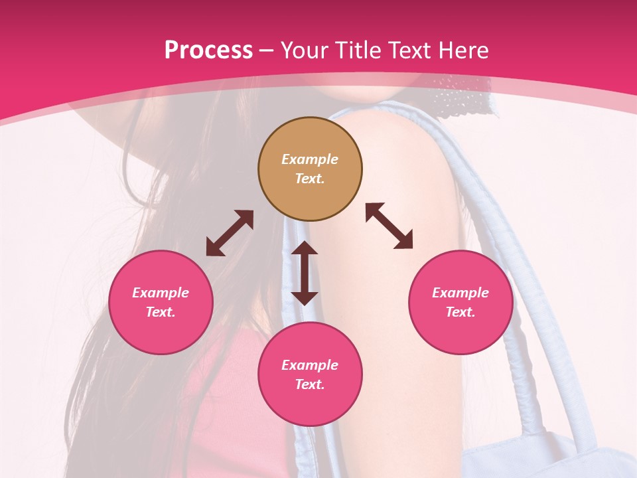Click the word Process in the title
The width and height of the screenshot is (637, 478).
[208, 50]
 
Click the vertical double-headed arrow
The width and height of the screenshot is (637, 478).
[305, 273]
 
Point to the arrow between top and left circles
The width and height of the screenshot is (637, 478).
[230, 233]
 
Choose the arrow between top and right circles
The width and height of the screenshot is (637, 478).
[389, 226]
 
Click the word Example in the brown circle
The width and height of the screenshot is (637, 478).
[310, 159]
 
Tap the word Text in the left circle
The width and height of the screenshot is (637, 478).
[161, 312]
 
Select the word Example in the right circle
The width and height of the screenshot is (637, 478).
[460, 293]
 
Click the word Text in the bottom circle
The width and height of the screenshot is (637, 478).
[310, 384]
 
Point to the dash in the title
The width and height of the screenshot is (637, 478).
[267, 50]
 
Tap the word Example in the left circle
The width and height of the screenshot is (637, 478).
[161, 293]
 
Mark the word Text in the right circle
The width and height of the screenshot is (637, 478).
[460, 312]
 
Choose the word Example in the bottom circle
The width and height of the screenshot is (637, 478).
[310, 365]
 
